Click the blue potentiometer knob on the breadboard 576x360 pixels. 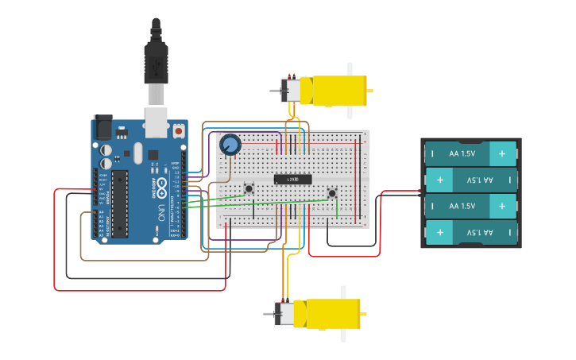point(230,145)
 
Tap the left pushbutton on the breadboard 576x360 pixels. point(249,188)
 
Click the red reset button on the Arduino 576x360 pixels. point(179,130)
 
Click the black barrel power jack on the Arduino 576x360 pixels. point(103,127)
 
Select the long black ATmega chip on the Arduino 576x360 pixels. point(119,203)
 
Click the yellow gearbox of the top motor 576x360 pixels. point(338,91)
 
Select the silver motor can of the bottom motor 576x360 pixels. point(285,314)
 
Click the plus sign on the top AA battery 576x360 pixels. point(501,153)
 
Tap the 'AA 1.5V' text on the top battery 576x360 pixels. point(462,153)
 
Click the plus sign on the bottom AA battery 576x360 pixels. point(439,233)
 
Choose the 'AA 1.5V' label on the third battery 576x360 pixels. point(462,206)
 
